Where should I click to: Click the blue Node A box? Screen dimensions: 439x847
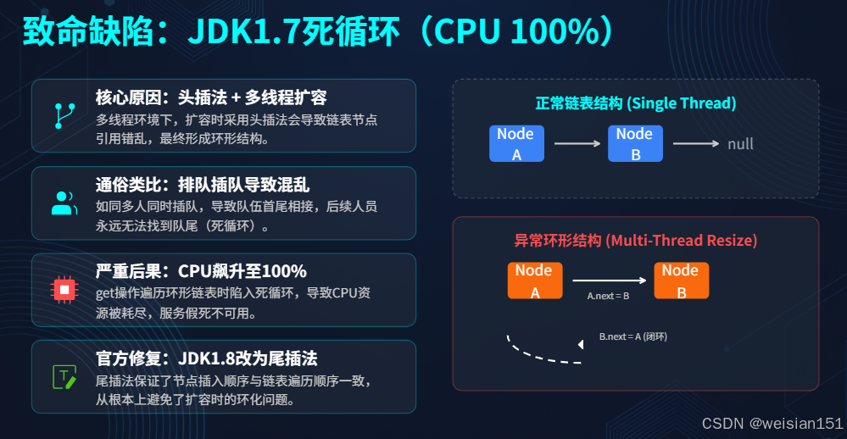coord(515,144)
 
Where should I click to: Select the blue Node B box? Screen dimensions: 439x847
coord(634,144)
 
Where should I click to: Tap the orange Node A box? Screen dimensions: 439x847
coord(535,281)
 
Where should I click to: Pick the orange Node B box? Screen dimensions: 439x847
coord(680,281)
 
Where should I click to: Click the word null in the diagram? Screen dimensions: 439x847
coord(740,144)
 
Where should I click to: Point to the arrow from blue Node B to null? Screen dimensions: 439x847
coord(696,144)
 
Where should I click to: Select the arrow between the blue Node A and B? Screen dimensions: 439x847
coord(577,144)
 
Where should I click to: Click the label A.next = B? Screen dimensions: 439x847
coord(608,297)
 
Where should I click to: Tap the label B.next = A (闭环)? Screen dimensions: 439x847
coord(632,336)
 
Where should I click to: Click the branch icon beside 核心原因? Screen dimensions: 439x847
coord(64,114)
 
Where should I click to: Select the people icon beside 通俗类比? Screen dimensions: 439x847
coord(64,202)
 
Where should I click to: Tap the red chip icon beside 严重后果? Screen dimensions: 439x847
coord(64,289)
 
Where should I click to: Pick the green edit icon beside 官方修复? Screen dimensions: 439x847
coord(64,376)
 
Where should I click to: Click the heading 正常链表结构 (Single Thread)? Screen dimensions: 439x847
coord(635,103)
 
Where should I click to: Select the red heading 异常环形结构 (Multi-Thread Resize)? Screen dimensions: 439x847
coord(635,241)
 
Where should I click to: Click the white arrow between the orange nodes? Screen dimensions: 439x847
coord(609,280)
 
